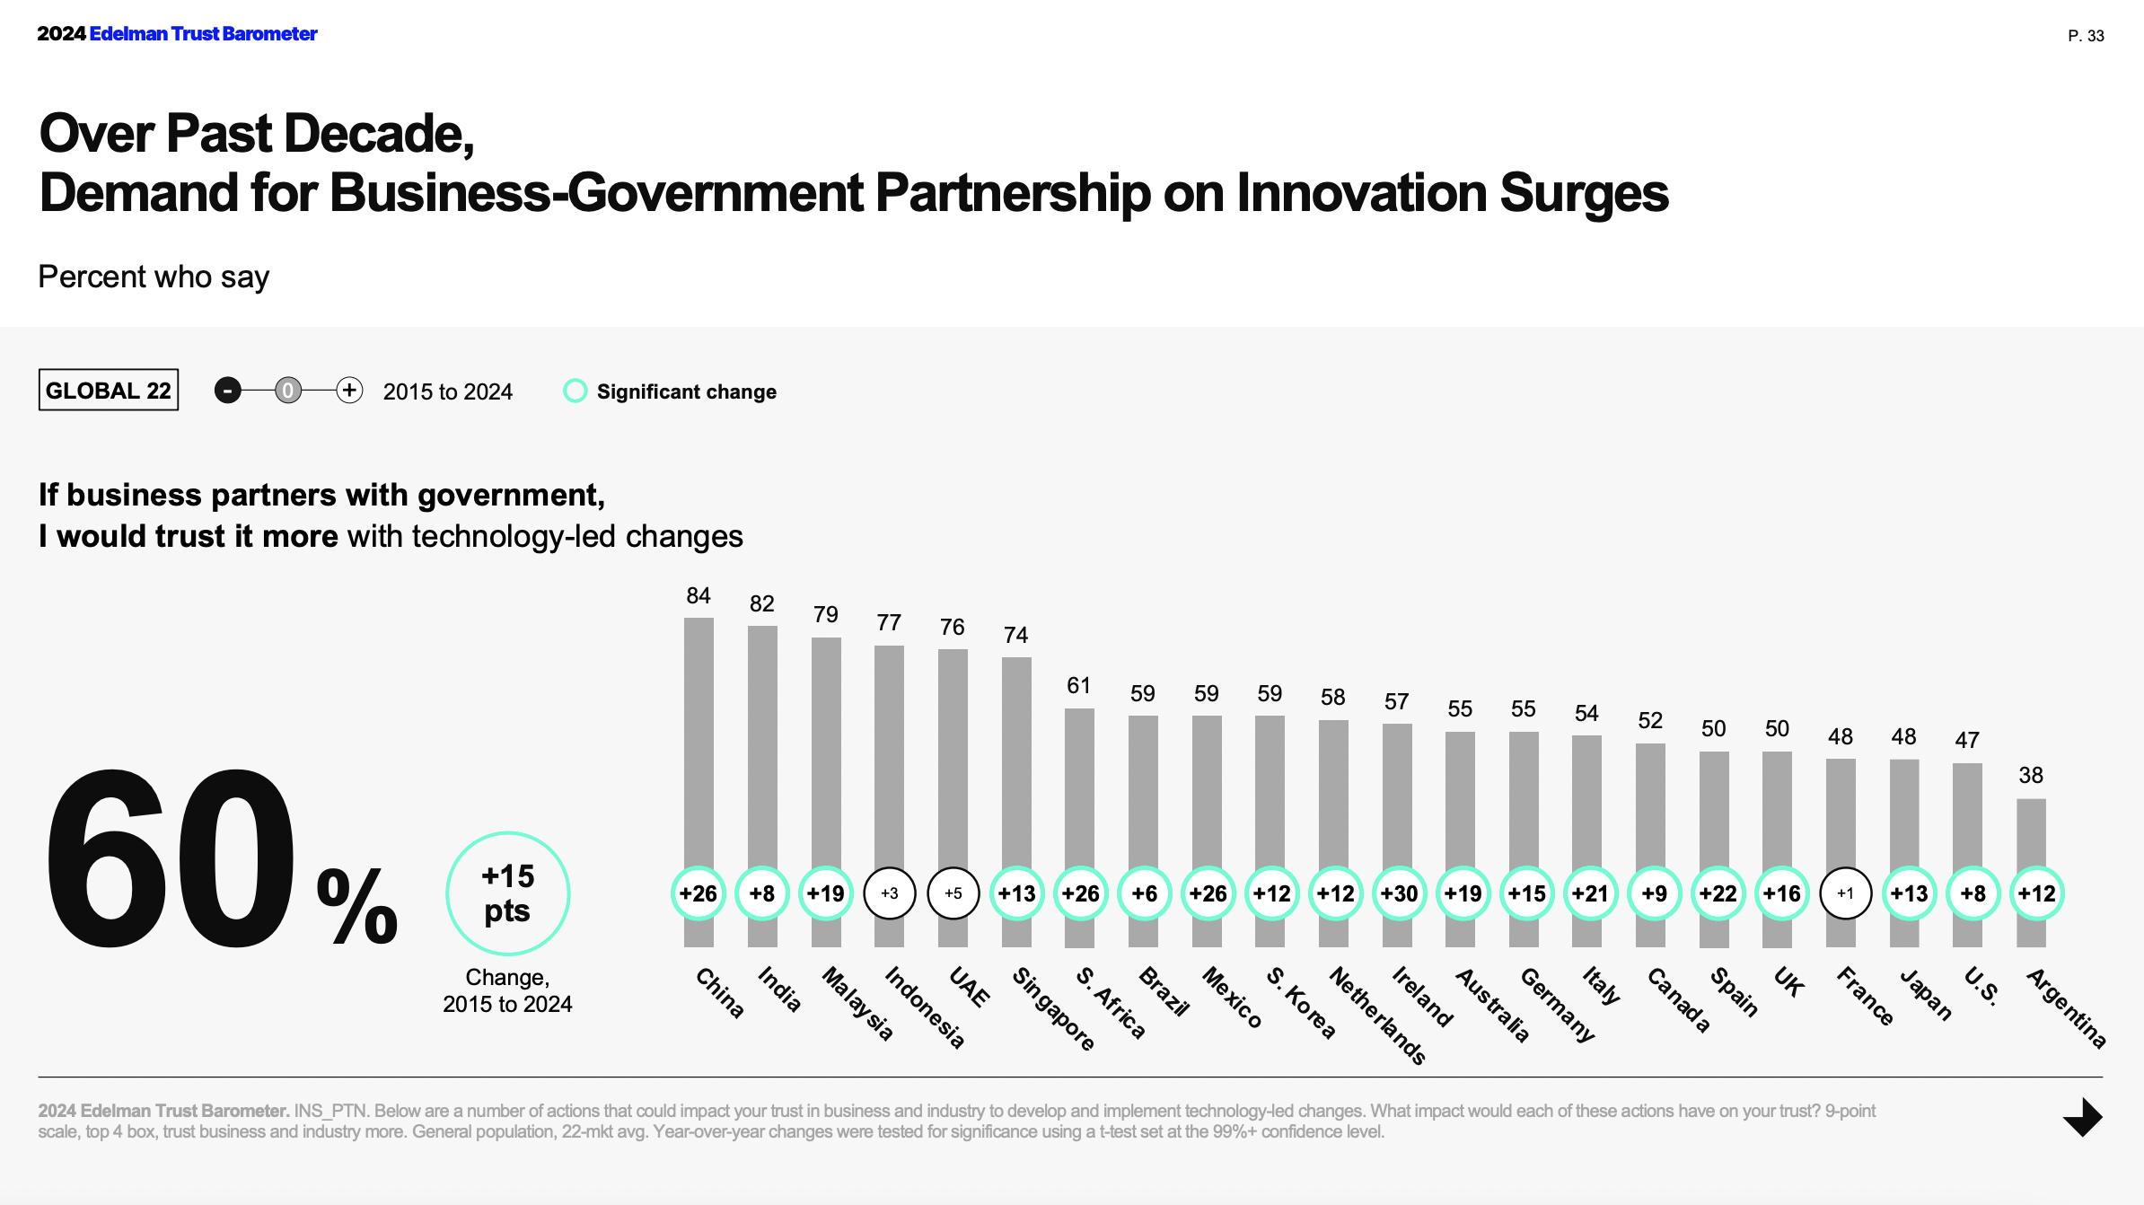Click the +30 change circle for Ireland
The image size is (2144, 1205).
coord(1399,893)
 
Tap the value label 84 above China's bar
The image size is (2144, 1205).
coord(699,596)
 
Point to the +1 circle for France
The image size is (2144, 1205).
coord(1845,893)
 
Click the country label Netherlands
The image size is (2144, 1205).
coord(1377,1016)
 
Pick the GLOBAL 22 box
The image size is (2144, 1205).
coord(109,391)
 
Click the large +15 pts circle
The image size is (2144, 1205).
coord(507,893)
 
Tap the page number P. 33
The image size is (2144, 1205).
coord(2086,36)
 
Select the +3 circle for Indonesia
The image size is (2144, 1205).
coord(889,893)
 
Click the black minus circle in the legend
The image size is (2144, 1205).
coord(228,391)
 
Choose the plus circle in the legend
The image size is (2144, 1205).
coord(349,391)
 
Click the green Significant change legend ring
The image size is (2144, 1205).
coord(575,391)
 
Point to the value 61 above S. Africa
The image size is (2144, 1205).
coord(1078,686)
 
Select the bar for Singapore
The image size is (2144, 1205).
coord(1016,763)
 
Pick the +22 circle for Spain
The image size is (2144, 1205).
coord(1718,893)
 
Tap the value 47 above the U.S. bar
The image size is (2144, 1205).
coord(1967,741)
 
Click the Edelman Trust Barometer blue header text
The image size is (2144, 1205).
coord(203,34)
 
